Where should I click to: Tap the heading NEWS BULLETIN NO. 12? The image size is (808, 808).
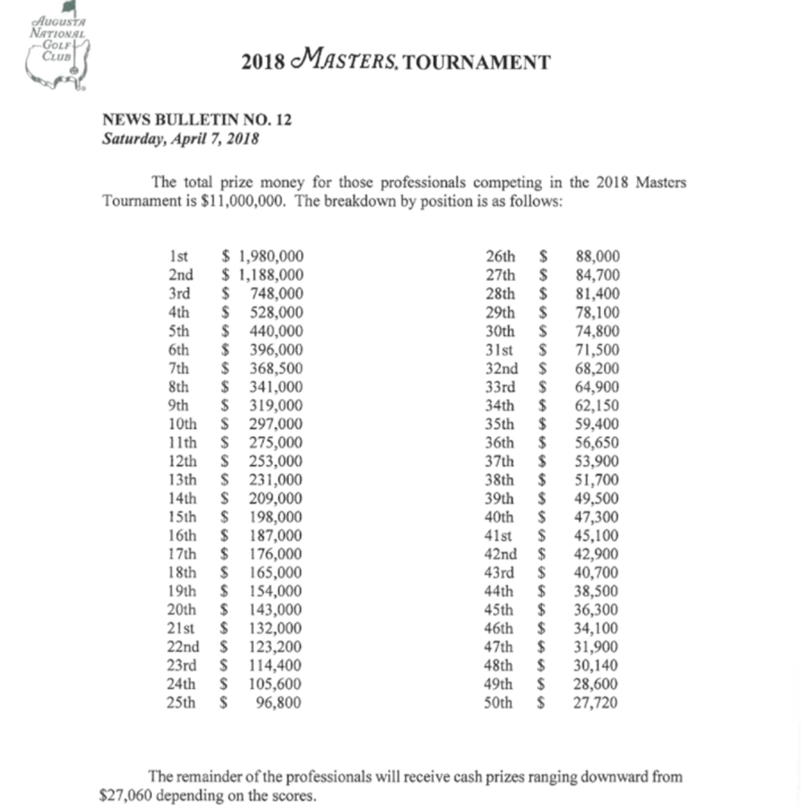[x=197, y=120]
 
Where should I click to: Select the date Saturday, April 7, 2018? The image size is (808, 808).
[x=181, y=139]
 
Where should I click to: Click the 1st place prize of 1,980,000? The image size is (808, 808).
[x=271, y=256]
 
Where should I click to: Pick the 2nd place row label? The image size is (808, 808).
[x=181, y=275]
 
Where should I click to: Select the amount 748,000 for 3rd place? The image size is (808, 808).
[x=276, y=294]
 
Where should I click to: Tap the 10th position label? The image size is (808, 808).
[x=182, y=424]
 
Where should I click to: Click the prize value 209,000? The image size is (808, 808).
[x=275, y=499]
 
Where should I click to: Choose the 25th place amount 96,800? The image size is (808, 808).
[x=278, y=703]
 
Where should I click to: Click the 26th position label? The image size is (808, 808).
[x=500, y=256]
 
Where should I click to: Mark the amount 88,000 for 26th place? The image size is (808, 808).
[x=597, y=256]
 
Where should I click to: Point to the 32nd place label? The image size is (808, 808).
[x=501, y=369]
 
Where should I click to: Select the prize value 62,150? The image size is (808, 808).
[x=597, y=406]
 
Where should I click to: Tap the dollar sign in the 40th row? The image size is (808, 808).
[x=542, y=518]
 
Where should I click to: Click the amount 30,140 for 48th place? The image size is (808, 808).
[x=595, y=665]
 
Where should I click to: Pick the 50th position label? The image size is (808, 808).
[x=498, y=703]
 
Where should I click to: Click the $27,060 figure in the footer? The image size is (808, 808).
[x=126, y=795]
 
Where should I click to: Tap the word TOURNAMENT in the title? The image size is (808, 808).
[x=476, y=62]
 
